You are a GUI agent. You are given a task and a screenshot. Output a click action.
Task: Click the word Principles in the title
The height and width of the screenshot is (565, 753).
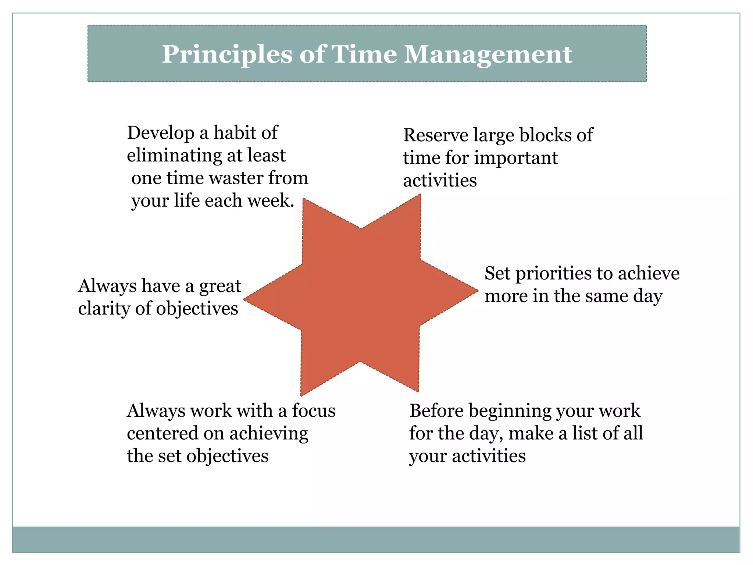[227, 55]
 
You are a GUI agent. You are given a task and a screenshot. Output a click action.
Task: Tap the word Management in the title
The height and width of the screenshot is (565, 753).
[488, 55]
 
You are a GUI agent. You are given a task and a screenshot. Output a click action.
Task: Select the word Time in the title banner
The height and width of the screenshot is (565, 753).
[364, 55]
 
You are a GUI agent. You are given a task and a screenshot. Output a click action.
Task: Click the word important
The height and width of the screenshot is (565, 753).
[516, 158]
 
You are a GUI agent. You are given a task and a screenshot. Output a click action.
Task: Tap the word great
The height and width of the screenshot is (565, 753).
[220, 286]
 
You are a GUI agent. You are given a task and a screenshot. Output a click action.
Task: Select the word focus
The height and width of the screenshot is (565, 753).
[314, 411]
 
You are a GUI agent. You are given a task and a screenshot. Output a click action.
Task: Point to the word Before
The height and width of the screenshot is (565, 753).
[436, 411]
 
